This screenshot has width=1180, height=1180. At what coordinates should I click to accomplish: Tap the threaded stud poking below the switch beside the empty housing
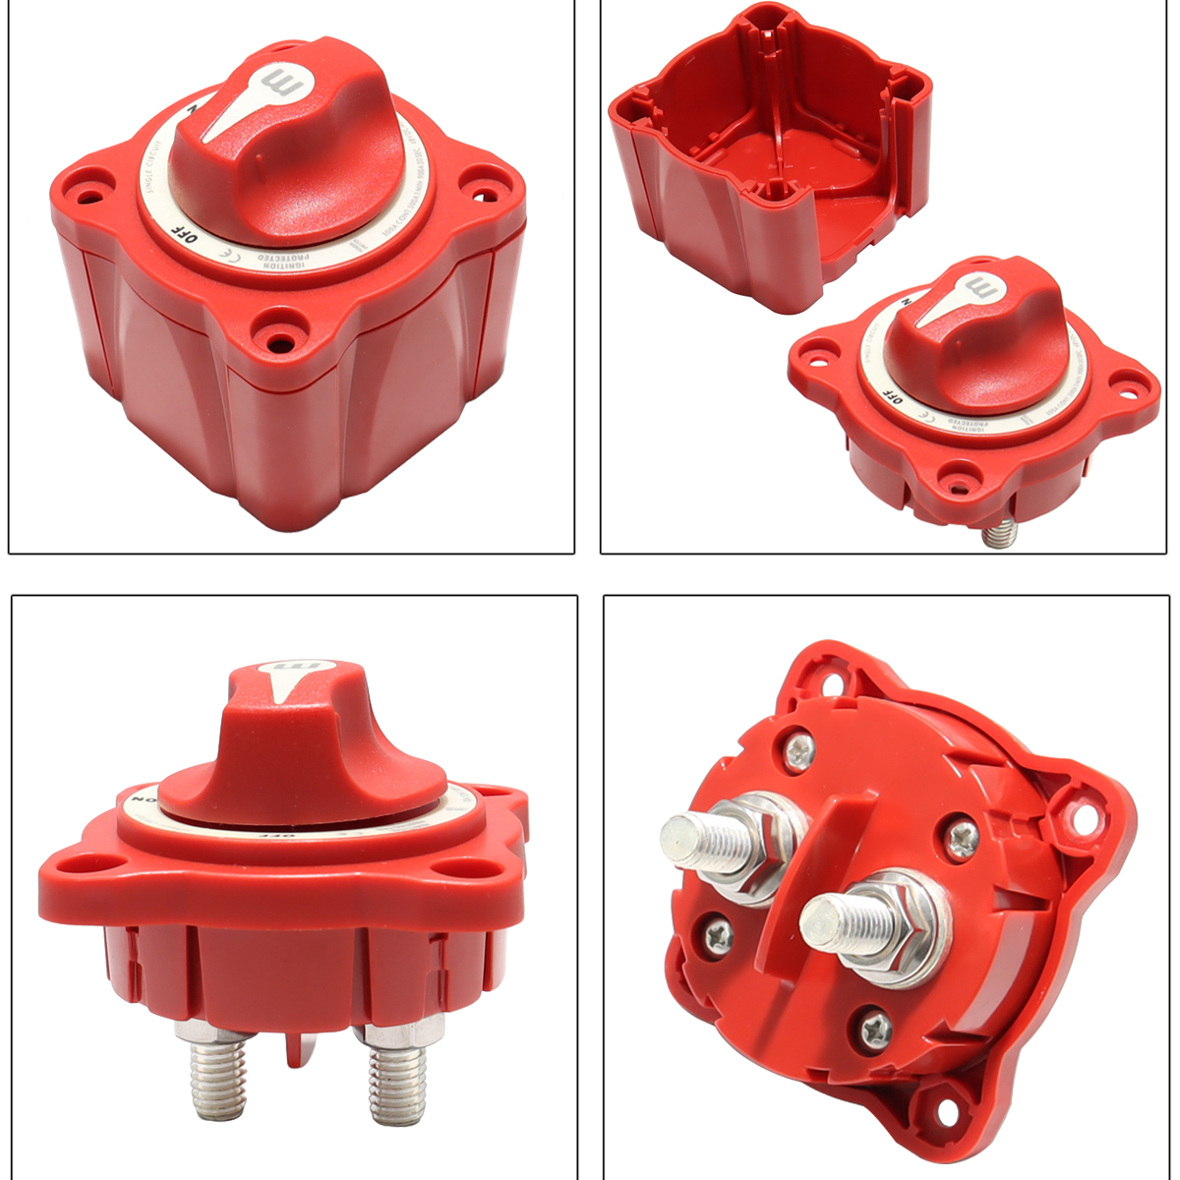[1000, 533]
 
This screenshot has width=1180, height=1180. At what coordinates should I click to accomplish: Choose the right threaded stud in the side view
[398, 1082]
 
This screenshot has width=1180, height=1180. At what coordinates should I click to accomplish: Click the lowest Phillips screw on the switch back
[875, 1029]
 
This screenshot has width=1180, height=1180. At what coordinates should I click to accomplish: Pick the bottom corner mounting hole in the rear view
[945, 1108]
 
